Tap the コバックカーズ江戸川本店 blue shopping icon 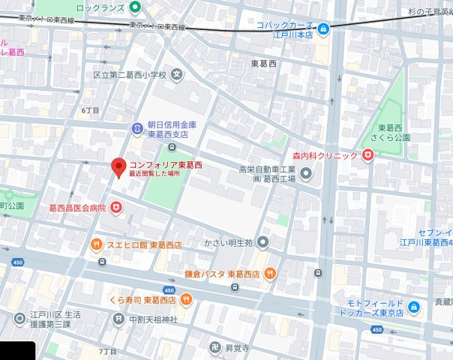323,29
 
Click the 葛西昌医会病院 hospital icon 116,206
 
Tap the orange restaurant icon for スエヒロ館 97,244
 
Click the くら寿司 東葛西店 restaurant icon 185,299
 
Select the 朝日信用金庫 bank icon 136,129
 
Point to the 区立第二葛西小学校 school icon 177,74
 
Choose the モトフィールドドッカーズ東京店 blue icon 415,307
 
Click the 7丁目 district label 108,351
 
